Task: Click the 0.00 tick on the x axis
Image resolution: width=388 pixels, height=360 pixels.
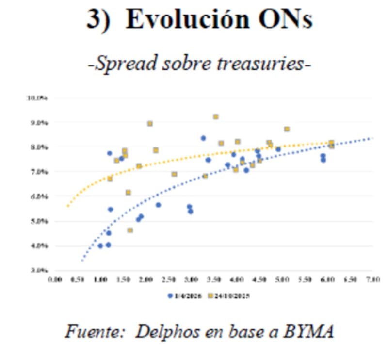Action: coord(55,280)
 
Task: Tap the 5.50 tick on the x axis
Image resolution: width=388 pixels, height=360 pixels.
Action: coord(305,280)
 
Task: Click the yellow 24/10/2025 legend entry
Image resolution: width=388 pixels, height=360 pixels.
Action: coord(227,295)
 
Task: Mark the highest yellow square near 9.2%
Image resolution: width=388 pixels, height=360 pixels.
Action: coord(216,117)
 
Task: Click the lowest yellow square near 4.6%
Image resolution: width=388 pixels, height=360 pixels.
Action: coord(130,230)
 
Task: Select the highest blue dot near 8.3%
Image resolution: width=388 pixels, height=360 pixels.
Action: coord(203,138)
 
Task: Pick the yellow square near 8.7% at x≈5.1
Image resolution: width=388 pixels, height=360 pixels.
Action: coord(287,129)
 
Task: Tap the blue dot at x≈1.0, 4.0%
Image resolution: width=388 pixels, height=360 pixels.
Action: coord(100,246)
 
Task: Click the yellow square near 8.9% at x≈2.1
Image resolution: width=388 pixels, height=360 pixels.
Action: coord(150,124)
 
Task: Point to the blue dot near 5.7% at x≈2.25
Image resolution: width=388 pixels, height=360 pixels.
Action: coord(158,205)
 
